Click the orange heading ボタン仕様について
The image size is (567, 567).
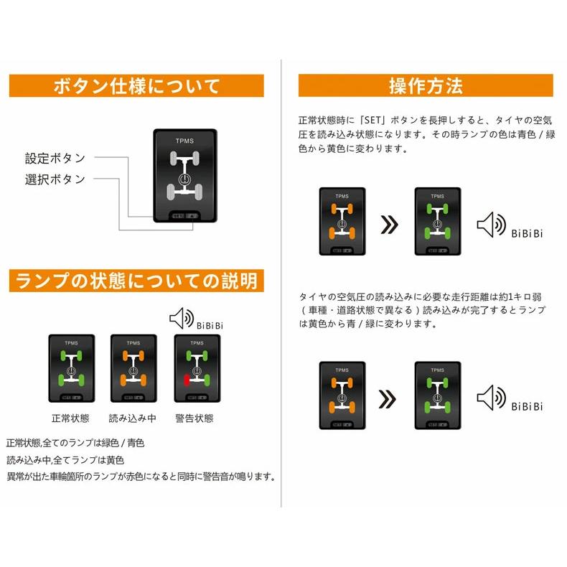(x=136, y=86)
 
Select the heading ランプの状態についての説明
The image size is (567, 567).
(x=136, y=280)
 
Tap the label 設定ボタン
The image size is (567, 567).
(x=55, y=158)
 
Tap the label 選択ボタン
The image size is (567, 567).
(x=55, y=179)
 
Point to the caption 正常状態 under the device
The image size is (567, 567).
(x=70, y=418)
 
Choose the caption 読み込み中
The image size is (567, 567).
(x=132, y=418)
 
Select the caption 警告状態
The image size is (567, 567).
(x=194, y=418)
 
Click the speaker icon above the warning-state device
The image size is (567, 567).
(x=181, y=317)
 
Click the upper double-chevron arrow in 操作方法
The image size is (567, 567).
(x=388, y=225)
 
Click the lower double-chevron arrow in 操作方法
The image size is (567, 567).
(x=388, y=397)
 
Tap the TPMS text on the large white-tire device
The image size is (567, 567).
(x=184, y=141)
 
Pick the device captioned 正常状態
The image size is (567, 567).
(x=70, y=367)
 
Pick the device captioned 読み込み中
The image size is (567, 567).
(x=132, y=367)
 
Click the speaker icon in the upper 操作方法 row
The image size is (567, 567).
(x=490, y=224)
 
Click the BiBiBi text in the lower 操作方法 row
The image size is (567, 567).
(x=527, y=406)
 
